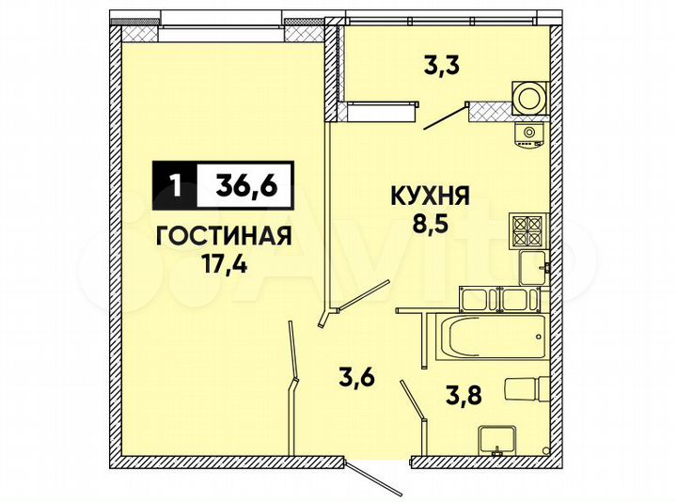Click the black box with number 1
(x=175, y=185)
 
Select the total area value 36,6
(x=246, y=185)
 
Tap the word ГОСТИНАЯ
(x=222, y=234)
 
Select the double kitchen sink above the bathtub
(x=493, y=300)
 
